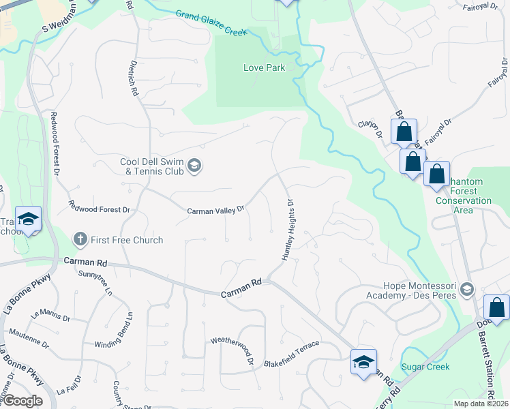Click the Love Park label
click(265, 67)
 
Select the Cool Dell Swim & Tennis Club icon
click(194, 166)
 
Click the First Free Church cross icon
click(80, 239)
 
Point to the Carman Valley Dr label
click(215, 211)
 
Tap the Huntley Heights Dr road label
click(287, 230)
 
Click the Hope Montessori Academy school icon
click(466, 290)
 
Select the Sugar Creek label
click(425, 367)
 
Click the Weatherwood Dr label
click(232, 349)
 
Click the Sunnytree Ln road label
click(95, 282)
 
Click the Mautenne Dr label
click(28, 339)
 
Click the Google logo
click(22, 401)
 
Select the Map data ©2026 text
click(481, 404)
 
